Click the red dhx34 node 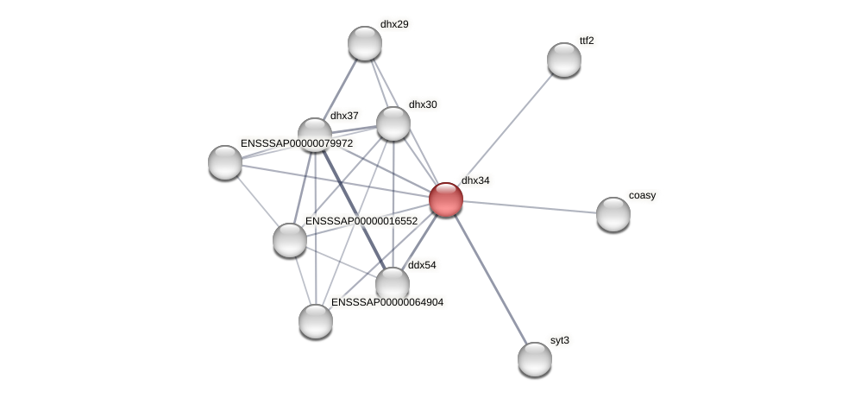coord(446,199)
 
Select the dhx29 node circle coord(365,43)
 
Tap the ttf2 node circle coord(564,60)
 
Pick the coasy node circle coord(613,214)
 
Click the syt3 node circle coord(535,359)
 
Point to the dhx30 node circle coord(393,123)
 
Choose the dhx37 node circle coord(315,135)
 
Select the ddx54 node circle coord(393,284)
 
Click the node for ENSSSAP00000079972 coord(225,162)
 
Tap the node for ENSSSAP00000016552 coord(290,240)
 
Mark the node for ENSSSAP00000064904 coord(316,321)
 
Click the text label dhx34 coord(475,180)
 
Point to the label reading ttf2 coord(587,41)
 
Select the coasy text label coord(642,195)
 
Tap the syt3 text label coord(560,340)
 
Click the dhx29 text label coord(394,24)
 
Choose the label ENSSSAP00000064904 coord(387,302)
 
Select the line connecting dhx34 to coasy coord(530,207)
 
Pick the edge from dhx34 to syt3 coord(490,279)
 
